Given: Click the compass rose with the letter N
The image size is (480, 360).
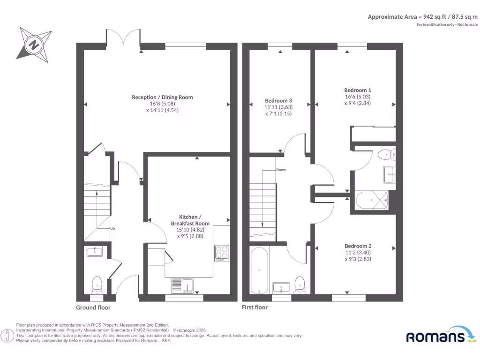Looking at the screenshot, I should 34,45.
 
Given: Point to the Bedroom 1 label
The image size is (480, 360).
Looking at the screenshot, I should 358,90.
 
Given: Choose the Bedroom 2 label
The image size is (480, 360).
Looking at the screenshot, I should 358,246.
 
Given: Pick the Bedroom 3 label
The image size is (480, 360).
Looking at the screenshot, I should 278,101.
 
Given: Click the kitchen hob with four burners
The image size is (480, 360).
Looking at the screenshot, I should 221,253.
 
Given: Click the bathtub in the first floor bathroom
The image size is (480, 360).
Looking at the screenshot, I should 259,271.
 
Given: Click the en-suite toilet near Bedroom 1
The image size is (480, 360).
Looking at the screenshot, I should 386,154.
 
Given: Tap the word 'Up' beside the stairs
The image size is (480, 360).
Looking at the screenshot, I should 112,228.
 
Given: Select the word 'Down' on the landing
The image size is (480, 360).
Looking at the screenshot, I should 281,170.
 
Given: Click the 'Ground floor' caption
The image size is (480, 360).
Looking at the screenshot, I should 93,307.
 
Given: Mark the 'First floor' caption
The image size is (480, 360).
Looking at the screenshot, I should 255,307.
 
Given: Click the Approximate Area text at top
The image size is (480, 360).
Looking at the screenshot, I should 422,17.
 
